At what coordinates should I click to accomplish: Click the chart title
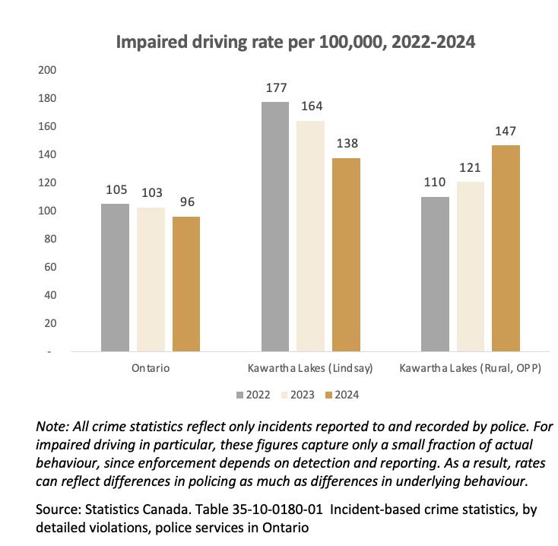[x=295, y=42]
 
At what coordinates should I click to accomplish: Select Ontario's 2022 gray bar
[x=116, y=278]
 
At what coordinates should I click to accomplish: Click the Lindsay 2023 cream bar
[x=311, y=236]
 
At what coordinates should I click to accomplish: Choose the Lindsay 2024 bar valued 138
[x=346, y=255]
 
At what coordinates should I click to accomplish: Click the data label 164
[x=311, y=106]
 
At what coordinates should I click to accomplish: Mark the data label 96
[x=186, y=202]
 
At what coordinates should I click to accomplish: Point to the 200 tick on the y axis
[x=47, y=71]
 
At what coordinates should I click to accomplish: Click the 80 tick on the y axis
[x=50, y=240]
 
